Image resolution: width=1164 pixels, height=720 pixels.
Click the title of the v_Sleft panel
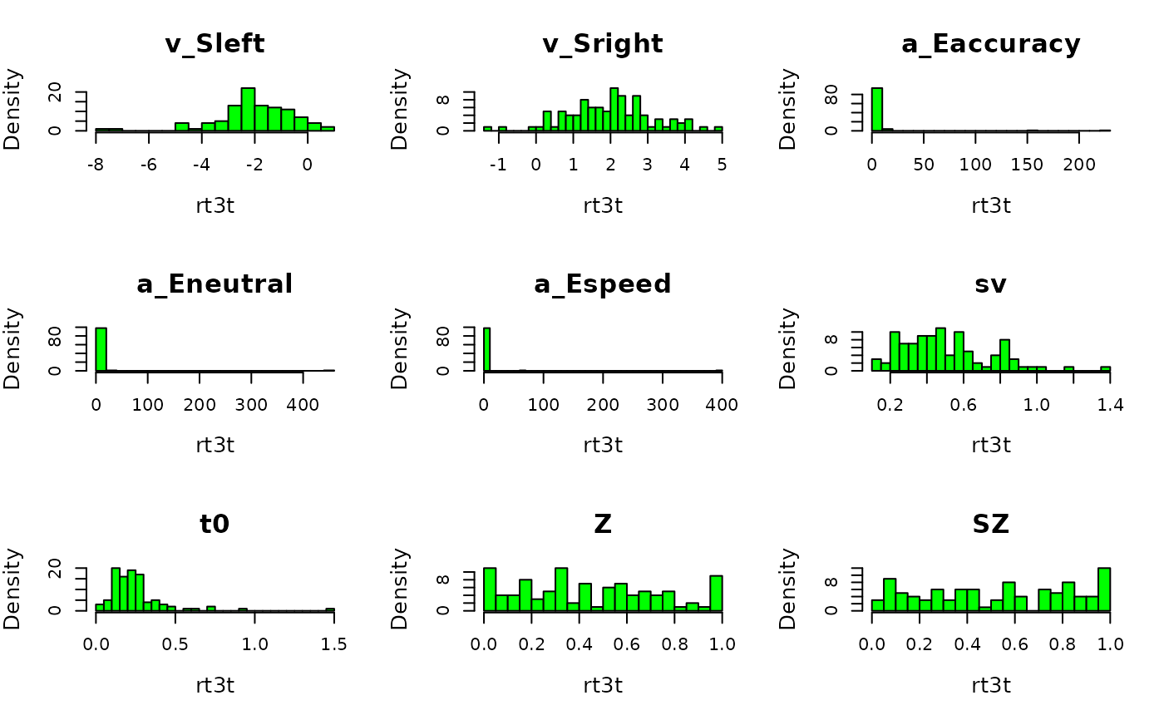pos(215,44)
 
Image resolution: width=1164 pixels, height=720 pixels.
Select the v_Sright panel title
pos(603,44)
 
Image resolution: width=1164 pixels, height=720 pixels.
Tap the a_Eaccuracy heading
pos(990,44)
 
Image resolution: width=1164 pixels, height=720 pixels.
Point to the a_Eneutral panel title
pos(215,284)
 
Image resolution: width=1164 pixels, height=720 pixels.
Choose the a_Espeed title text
pos(603,284)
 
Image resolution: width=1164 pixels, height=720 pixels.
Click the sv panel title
pos(990,284)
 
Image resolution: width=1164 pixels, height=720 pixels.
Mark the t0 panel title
pos(215,524)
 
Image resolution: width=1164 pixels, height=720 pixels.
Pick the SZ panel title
pos(990,524)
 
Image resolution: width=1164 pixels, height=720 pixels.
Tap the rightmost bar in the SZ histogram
pos(1103,589)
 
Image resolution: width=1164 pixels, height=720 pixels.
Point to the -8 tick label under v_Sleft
pos(96,165)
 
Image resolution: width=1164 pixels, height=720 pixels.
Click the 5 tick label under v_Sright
pos(722,165)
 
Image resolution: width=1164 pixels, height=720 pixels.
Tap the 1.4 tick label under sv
pos(1109,405)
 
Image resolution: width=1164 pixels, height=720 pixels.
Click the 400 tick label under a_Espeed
pos(722,405)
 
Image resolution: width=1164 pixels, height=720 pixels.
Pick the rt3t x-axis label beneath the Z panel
pos(603,685)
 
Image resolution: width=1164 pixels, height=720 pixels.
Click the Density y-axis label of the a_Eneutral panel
pos(12,348)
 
